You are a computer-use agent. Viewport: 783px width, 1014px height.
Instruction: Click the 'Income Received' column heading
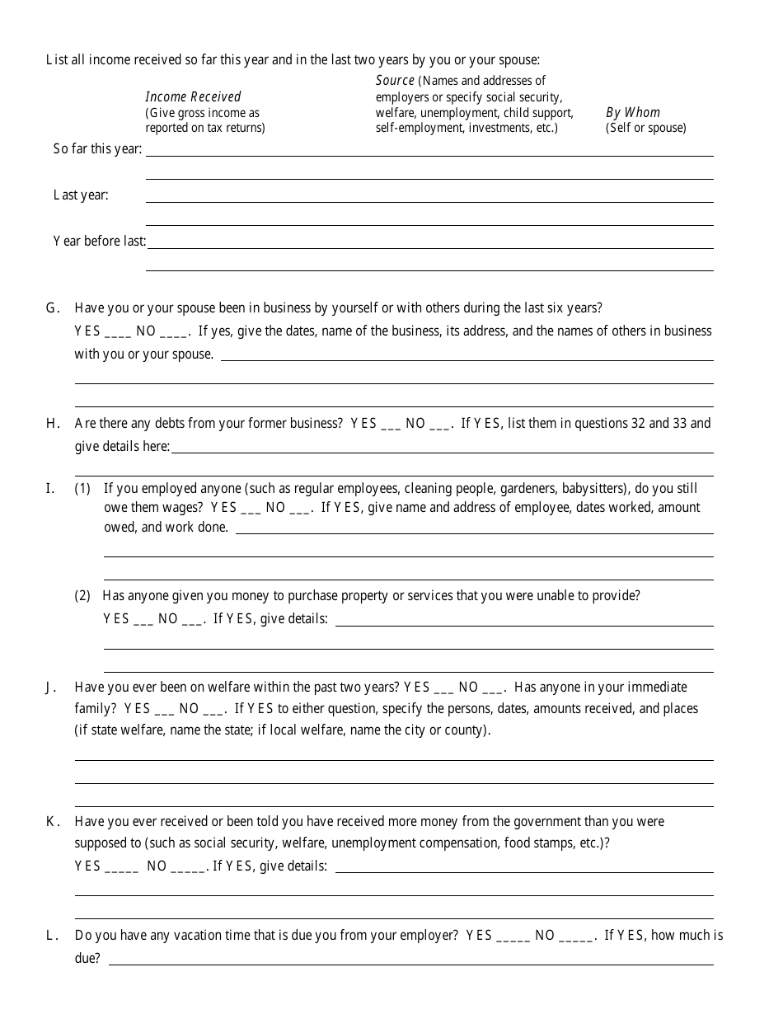(193, 96)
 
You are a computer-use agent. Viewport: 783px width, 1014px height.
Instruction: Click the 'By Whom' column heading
(633, 112)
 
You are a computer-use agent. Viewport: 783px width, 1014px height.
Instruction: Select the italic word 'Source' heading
(395, 80)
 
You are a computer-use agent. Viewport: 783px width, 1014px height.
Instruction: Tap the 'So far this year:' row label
(97, 149)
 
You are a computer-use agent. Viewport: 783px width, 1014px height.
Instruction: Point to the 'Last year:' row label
(81, 195)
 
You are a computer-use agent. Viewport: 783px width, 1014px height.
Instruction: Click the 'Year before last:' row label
(100, 242)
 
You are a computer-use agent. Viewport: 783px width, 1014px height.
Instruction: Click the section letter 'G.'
(53, 308)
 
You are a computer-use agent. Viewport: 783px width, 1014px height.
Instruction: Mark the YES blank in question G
(118, 331)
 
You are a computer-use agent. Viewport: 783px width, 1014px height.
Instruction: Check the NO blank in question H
(440, 424)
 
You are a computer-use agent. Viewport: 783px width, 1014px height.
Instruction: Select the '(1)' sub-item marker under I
(82, 488)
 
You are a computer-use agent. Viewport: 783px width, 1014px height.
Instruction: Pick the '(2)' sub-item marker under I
(82, 595)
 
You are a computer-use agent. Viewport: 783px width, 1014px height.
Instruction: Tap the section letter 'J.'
(51, 688)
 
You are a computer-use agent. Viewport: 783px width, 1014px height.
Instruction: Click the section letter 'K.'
(53, 822)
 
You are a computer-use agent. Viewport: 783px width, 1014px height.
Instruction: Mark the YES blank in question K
(122, 866)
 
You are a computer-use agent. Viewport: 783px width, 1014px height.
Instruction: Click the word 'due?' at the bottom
(87, 959)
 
